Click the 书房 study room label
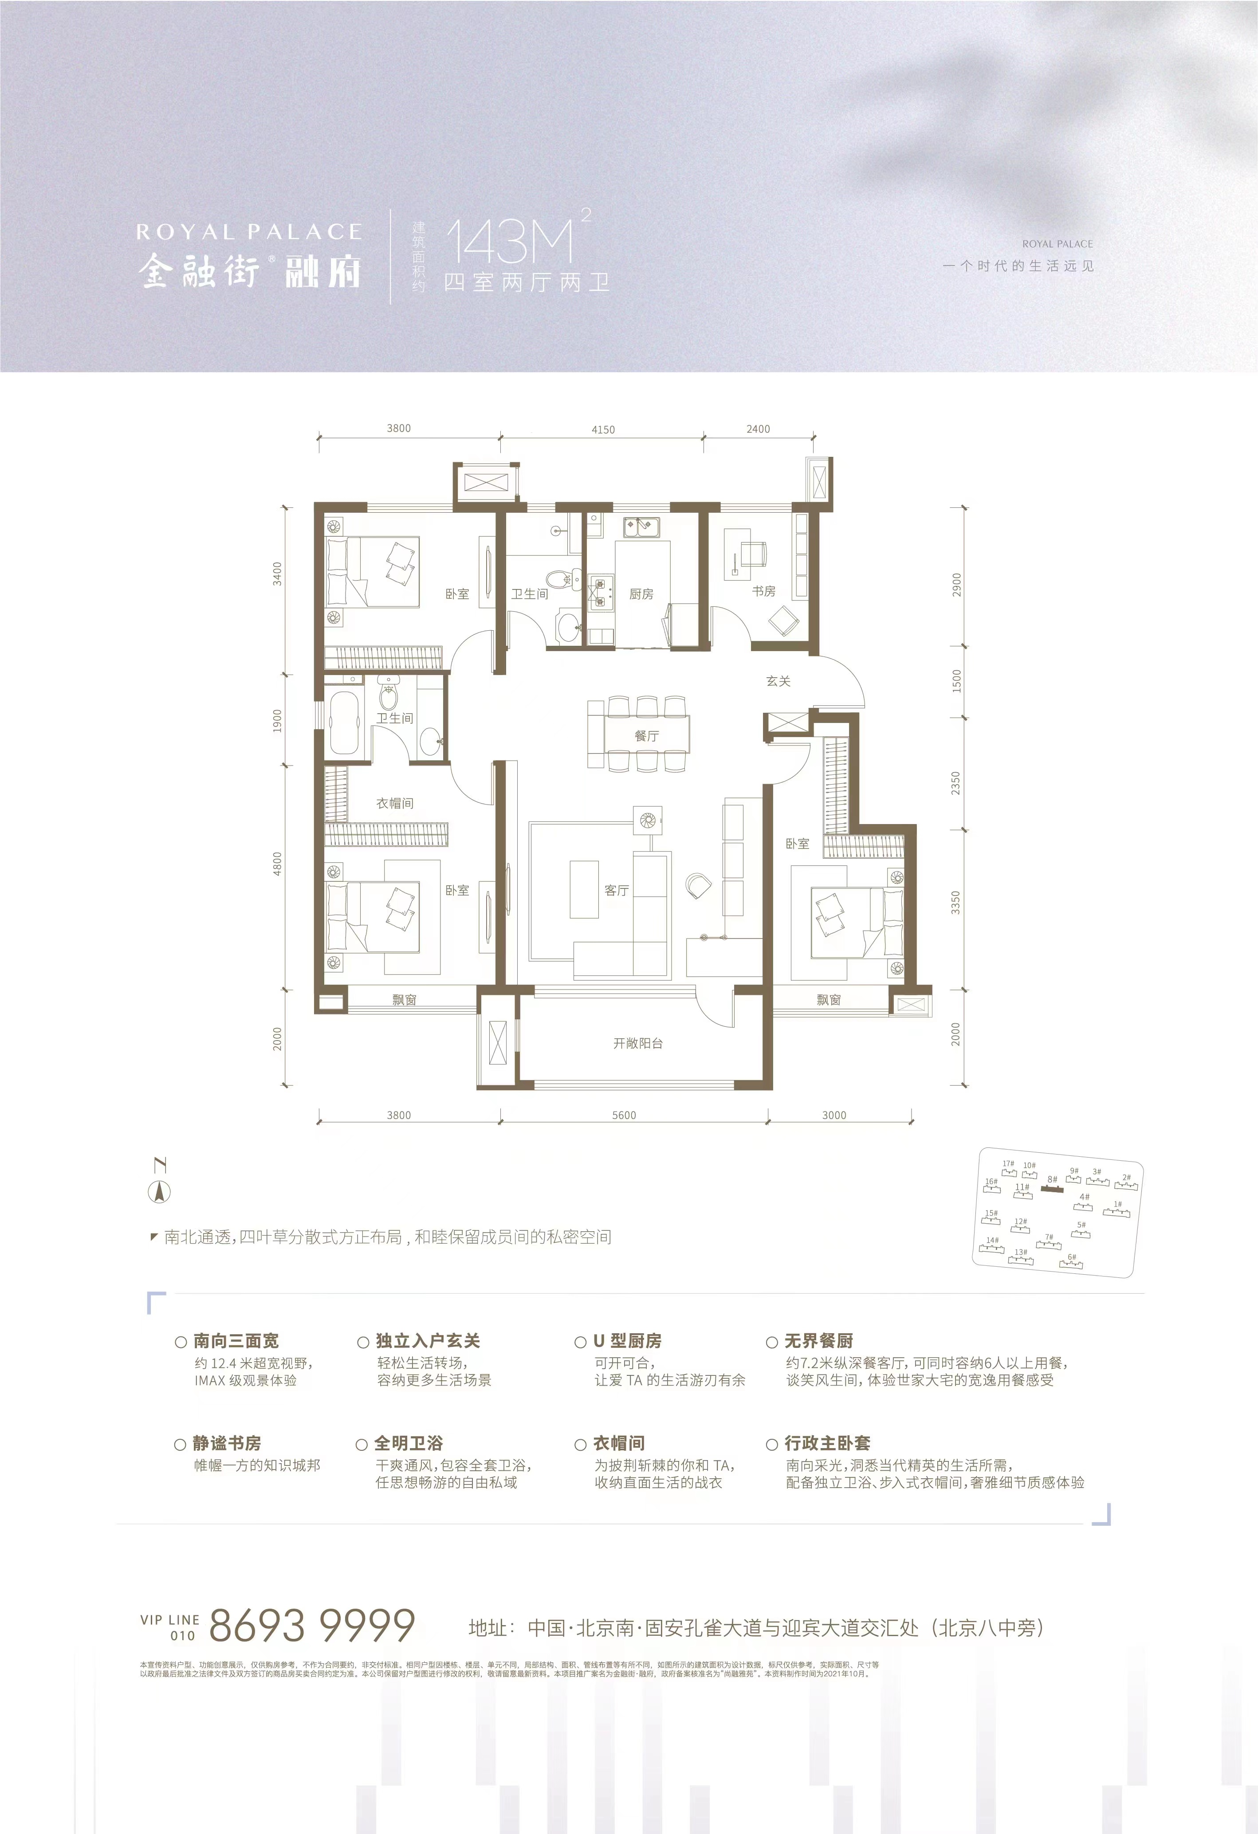click(763, 591)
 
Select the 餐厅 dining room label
click(646, 735)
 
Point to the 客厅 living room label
click(617, 890)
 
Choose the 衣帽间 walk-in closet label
click(395, 803)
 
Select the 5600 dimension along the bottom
click(624, 1115)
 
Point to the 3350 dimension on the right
click(956, 903)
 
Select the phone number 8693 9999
click(312, 1626)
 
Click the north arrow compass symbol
click(159, 1192)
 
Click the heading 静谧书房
click(227, 1443)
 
